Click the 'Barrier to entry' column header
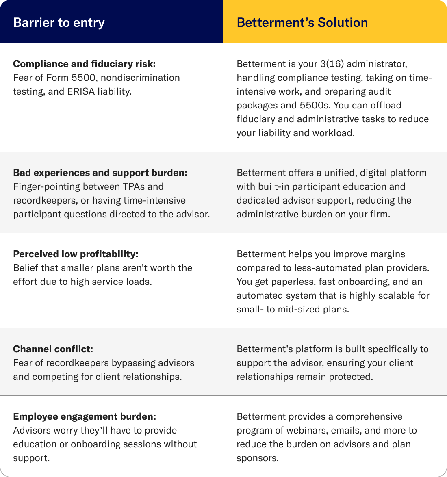[59, 22]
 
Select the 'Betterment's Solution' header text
[302, 22]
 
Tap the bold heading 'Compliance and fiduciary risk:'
[85, 64]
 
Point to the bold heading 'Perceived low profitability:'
[76, 254]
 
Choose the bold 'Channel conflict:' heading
[53, 349]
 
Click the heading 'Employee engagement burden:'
[85, 416]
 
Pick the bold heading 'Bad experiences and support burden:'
[100, 173]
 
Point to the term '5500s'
[313, 105]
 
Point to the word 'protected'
[350, 377]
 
